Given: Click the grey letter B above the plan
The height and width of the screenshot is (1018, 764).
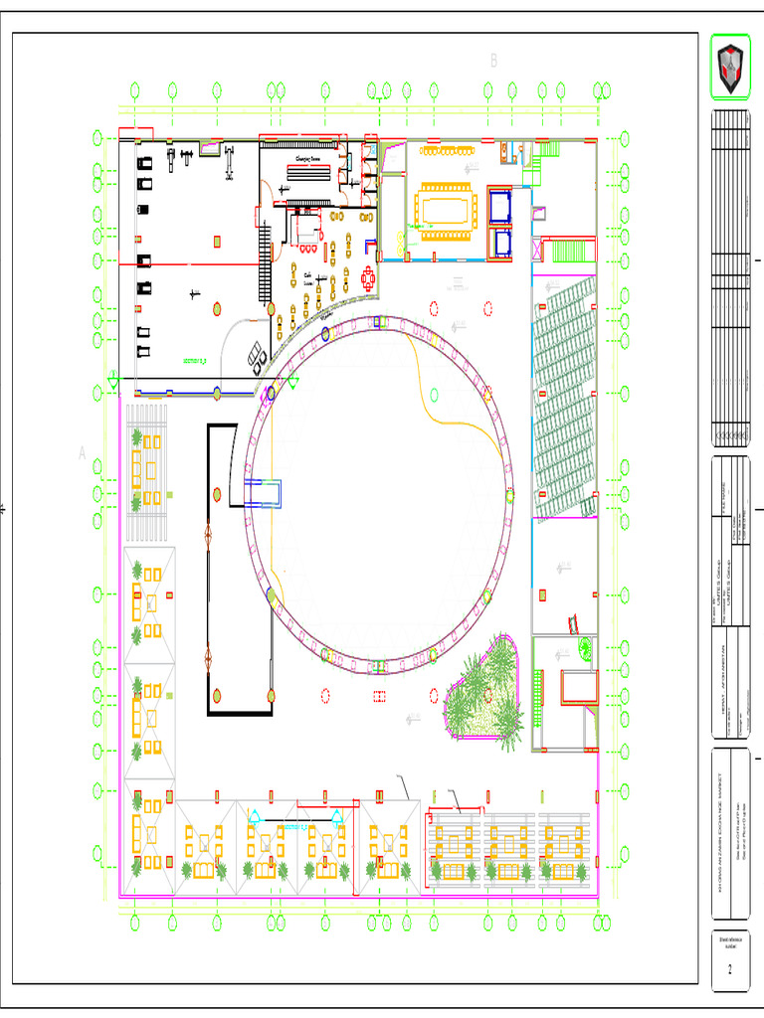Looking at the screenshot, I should [x=492, y=61].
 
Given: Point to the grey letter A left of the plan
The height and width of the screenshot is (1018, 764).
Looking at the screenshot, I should [x=84, y=453].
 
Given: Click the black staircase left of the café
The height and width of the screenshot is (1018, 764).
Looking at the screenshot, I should [x=265, y=254].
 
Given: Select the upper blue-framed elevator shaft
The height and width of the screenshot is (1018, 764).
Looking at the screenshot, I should [x=498, y=205].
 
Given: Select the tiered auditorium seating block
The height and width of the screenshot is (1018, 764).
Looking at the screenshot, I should [x=565, y=398].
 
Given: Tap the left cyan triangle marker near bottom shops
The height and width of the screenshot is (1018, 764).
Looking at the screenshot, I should [x=255, y=817].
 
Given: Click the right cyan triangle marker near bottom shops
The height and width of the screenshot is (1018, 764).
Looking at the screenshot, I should [x=336, y=817].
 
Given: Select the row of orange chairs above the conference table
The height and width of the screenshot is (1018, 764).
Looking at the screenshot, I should [x=444, y=151].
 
